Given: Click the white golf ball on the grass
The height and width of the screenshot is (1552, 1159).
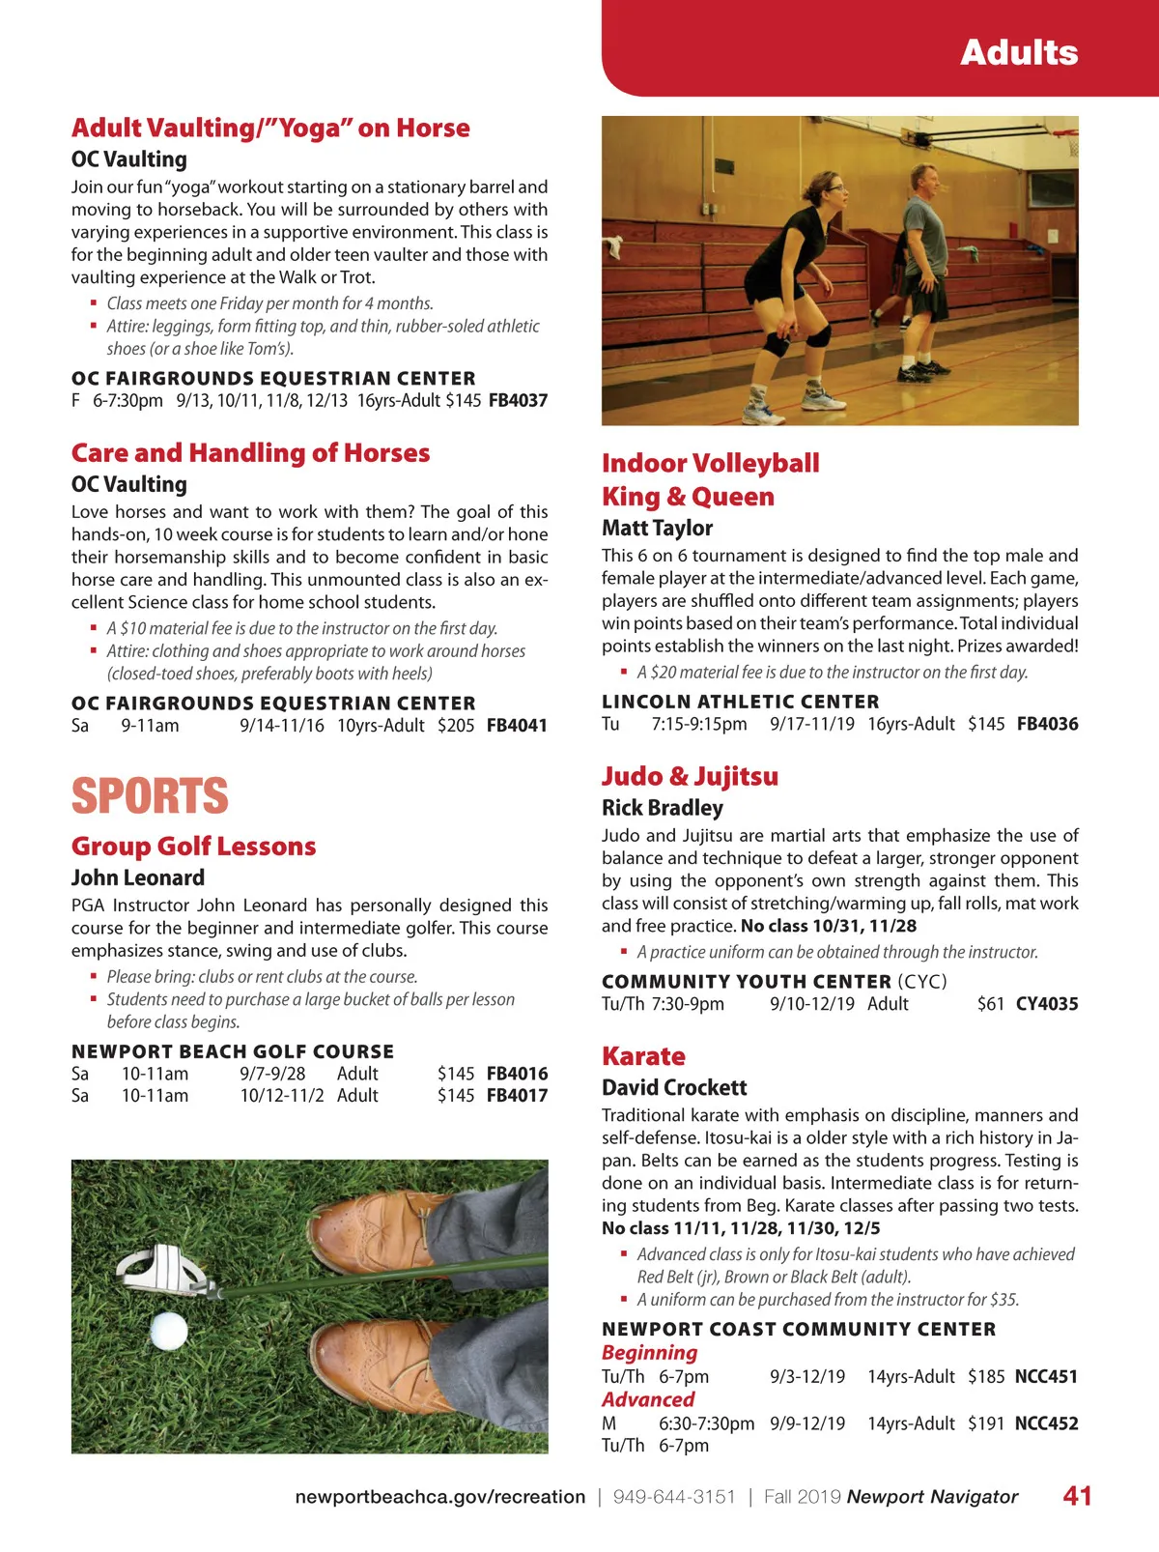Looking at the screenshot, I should pyautogui.click(x=168, y=1330).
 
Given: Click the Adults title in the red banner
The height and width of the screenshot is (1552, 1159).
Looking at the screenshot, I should pyautogui.click(x=1019, y=52).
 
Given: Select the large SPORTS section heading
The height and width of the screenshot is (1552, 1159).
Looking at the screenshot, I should pyautogui.click(x=150, y=796).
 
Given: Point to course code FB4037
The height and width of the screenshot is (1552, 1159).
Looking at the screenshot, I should pyautogui.click(x=518, y=401).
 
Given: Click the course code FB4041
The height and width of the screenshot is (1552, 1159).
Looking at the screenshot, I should pyautogui.click(x=517, y=726).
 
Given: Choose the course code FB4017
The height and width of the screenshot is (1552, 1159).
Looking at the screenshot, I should pyautogui.click(x=517, y=1096).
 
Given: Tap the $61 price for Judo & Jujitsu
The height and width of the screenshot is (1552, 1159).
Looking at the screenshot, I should pyautogui.click(x=991, y=1004).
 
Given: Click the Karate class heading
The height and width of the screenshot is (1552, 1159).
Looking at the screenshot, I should pyautogui.click(x=643, y=1056).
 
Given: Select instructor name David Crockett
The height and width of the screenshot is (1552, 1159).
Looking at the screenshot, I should pyautogui.click(x=674, y=1088).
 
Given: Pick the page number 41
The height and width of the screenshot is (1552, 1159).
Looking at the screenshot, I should pyautogui.click(x=1077, y=1496).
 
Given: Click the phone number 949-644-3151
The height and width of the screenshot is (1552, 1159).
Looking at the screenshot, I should pyautogui.click(x=674, y=1497).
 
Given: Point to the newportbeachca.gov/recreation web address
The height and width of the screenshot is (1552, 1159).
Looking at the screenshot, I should pyautogui.click(x=439, y=1497).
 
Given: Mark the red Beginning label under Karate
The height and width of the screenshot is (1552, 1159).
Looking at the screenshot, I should pyautogui.click(x=649, y=1353).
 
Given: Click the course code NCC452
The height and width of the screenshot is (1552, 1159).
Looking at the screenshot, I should pyautogui.click(x=1046, y=1423).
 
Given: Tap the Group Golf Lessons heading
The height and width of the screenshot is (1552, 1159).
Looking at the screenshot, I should pyautogui.click(x=193, y=847).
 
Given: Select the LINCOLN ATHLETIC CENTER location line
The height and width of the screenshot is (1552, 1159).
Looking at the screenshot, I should pyautogui.click(x=741, y=702).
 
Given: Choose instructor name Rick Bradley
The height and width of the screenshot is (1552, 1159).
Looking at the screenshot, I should pyautogui.click(x=662, y=808).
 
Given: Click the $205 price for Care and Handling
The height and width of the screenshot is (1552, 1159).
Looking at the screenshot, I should pyautogui.click(x=456, y=726).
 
